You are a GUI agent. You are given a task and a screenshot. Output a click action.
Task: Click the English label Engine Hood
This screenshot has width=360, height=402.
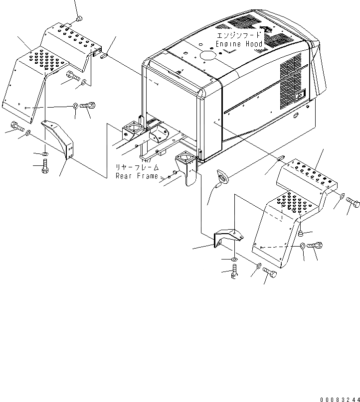coord(239,44)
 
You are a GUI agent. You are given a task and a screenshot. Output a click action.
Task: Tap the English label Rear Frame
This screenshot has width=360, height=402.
coord(137,176)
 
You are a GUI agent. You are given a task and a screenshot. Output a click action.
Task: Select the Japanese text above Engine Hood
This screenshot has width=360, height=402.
coord(238,36)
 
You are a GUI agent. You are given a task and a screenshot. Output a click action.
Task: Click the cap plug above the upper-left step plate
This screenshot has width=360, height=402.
coord(79,19)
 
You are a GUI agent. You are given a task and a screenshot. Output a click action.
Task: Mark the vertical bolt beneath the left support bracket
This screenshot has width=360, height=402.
coord(45,166)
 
